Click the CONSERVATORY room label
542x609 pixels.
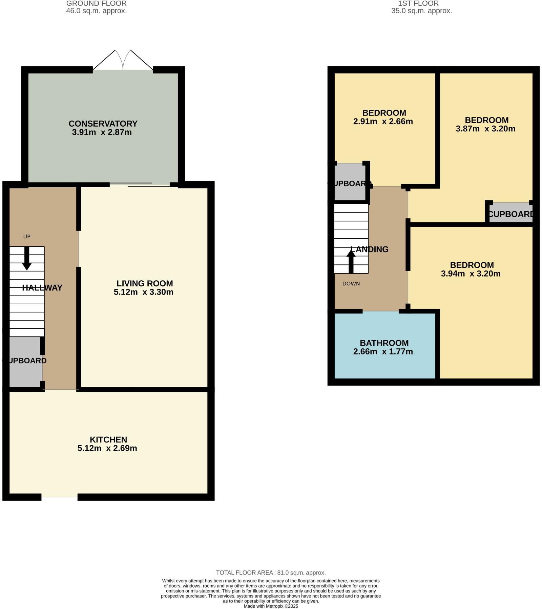(x=103, y=124)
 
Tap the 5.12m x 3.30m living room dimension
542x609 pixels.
(x=144, y=292)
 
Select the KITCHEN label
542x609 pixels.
(x=108, y=439)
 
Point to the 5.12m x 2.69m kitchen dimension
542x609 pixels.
(x=107, y=448)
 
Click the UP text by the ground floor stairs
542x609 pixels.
(x=27, y=237)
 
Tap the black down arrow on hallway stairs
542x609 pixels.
(x=27, y=259)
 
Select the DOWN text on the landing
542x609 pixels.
(x=351, y=284)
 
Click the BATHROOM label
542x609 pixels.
(x=384, y=343)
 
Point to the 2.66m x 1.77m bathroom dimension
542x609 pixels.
(x=383, y=352)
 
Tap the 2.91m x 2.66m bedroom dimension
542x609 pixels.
(x=383, y=122)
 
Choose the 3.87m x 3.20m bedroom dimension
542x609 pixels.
(x=485, y=129)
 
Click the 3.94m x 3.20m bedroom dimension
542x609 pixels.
(x=471, y=274)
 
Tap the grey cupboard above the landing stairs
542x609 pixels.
(x=350, y=182)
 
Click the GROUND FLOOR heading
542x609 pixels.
(x=97, y=3)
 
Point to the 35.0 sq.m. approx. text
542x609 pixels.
(x=421, y=11)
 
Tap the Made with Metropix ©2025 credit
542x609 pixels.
(x=271, y=606)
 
